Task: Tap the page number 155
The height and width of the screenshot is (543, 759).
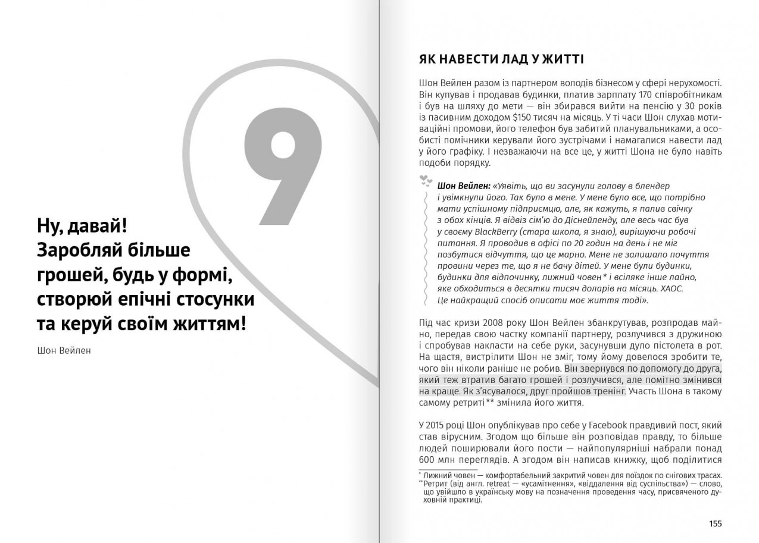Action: click(715, 523)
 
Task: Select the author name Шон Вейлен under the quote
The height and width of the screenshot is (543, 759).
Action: click(64, 350)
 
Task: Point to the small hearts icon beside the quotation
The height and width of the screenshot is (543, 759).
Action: click(425, 180)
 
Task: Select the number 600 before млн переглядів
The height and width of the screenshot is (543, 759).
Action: click(427, 459)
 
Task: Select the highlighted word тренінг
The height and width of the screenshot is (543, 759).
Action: click(608, 391)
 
